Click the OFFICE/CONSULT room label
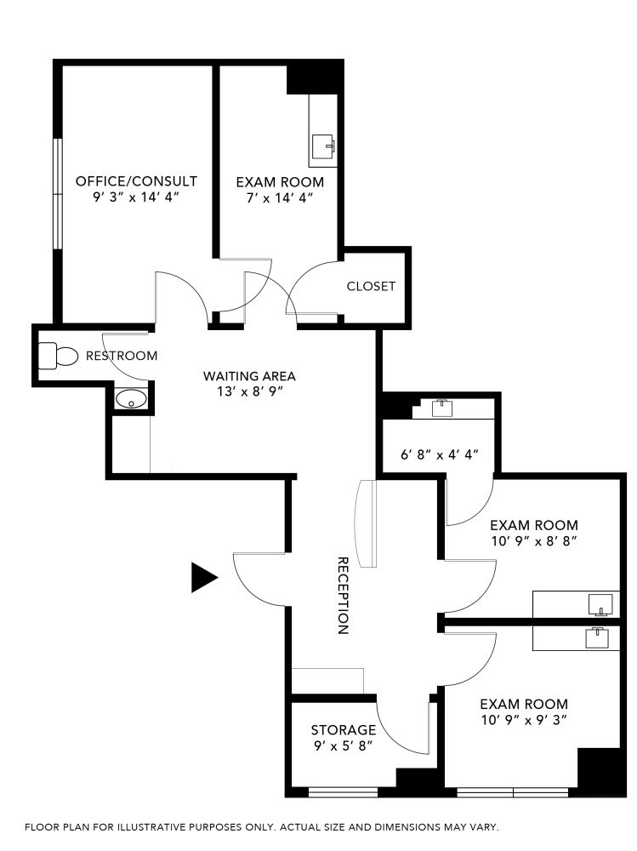(x=136, y=181)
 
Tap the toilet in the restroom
(x=58, y=355)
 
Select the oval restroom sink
(x=131, y=398)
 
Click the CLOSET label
(x=371, y=286)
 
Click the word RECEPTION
(x=344, y=596)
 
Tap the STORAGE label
(x=343, y=729)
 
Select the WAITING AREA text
(x=249, y=375)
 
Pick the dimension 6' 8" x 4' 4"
(x=440, y=454)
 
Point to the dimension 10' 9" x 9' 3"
(x=524, y=720)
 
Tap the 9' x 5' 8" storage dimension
(x=343, y=746)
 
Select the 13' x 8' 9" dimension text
(x=249, y=391)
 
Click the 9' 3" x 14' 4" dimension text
(x=136, y=197)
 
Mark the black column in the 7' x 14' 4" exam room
(x=314, y=79)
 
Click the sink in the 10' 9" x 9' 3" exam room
(x=599, y=636)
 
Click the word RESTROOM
(x=122, y=356)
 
